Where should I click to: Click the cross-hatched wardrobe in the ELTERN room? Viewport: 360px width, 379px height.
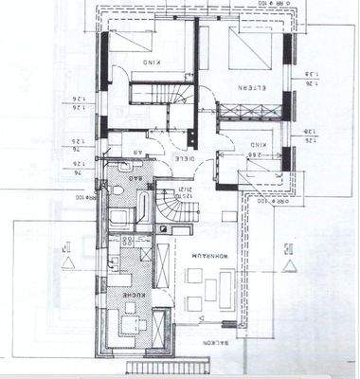243,112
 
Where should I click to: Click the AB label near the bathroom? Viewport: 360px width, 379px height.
138,150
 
